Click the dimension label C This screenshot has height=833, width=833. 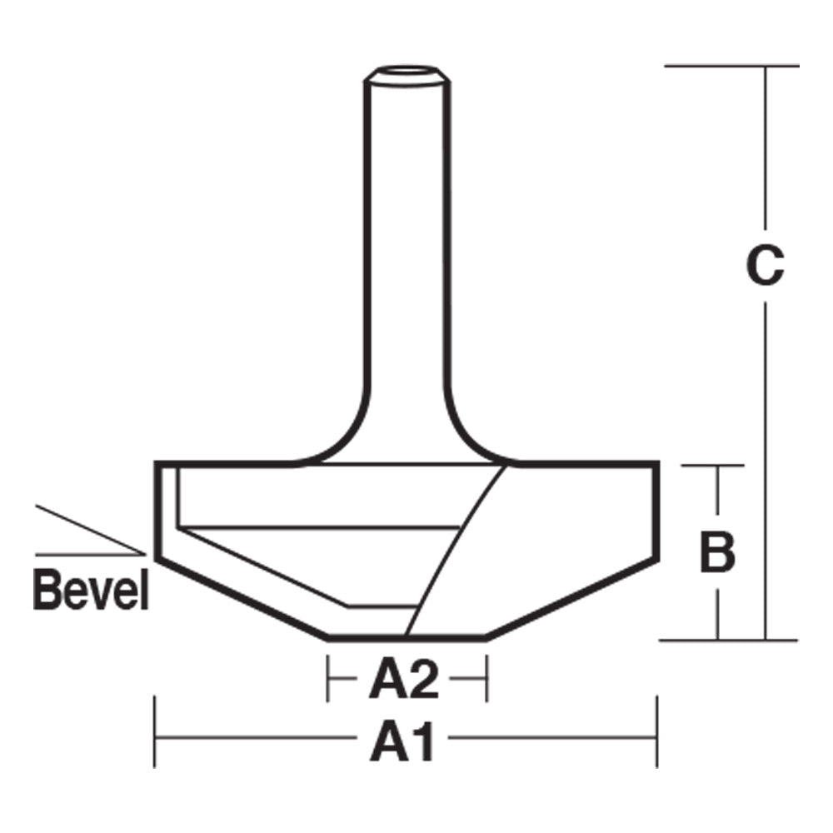coord(765,266)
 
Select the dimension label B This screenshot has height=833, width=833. coord(717,553)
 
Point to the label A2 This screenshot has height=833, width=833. coord(404,682)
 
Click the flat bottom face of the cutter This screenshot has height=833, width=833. coord(407,638)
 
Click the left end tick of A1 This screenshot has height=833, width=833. coord(156,732)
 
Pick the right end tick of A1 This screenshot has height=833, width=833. coord(657,732)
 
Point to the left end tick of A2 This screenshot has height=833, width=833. coord(328,677)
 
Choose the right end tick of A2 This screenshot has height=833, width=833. coord(486,677)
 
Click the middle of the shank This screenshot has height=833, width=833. coord(407,250)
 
